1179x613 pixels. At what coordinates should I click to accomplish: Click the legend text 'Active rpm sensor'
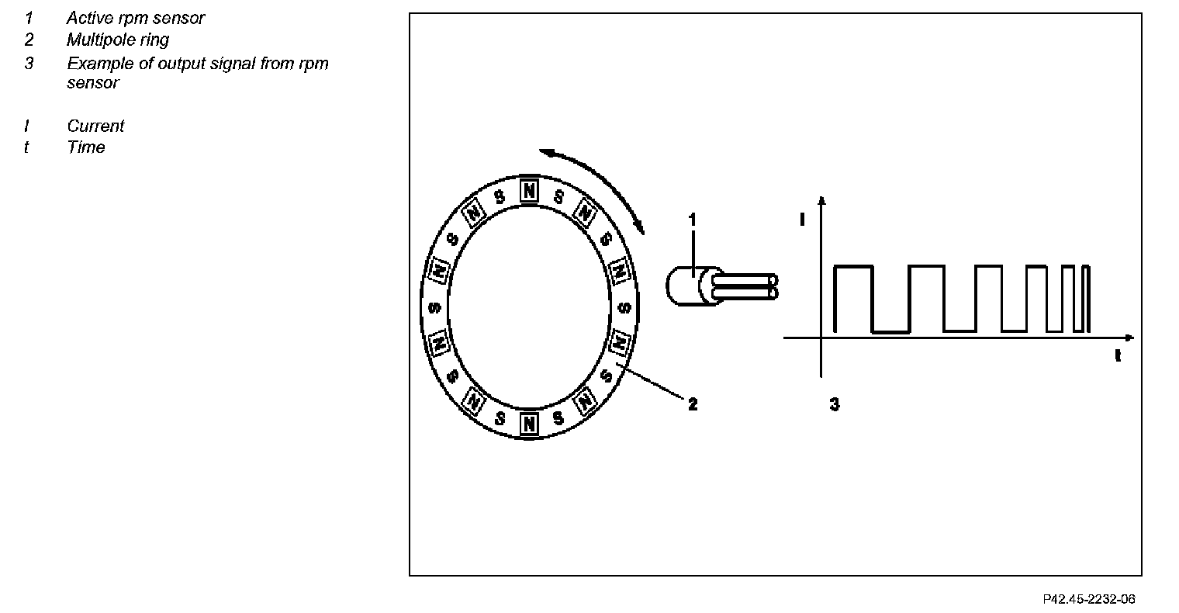135,18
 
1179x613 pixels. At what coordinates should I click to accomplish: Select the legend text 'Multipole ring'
117,40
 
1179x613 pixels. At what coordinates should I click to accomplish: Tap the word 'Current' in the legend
95,126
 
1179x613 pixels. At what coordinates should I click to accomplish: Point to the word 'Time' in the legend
85,147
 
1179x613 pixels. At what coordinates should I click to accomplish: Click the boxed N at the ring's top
529,190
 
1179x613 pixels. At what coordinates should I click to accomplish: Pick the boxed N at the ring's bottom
529,424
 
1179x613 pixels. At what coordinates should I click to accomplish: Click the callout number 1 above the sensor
693,220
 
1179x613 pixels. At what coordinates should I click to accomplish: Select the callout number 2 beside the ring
693,403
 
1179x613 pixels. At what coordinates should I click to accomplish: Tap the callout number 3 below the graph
834,403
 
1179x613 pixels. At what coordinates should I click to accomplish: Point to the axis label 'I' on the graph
802,220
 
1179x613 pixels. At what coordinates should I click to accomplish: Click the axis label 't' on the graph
1118,356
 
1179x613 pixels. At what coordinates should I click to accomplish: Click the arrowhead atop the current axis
821,202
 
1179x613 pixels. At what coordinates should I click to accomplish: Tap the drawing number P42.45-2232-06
1089,599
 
